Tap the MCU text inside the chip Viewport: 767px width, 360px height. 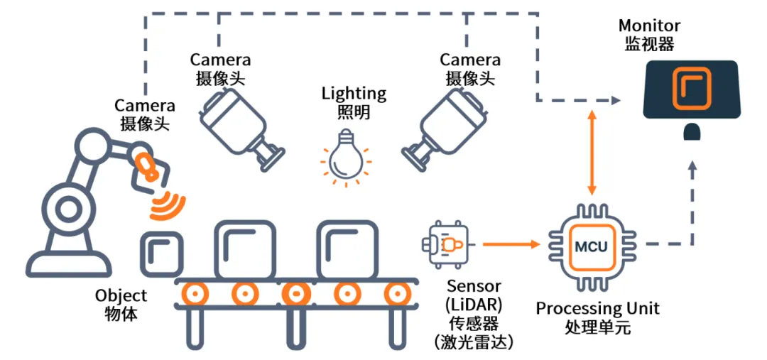(590, 247)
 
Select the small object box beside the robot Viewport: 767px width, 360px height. (161, 254)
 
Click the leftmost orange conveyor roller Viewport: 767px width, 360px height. (192, 293)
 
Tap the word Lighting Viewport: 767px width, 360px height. (354, 94)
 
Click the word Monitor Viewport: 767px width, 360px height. (649, 26)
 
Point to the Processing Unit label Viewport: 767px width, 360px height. (597, 309)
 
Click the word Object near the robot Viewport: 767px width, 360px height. (121, 295)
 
